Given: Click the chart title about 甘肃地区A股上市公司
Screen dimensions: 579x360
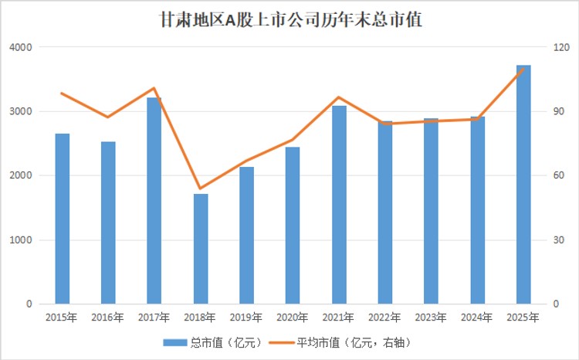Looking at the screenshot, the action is pyautogui.click(x=290, y=20).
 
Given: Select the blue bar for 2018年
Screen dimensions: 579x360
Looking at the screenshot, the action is pyautogui.click(x=201, y=249).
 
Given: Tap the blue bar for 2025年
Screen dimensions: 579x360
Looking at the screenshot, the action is pyautogui.click(x=523, y=185).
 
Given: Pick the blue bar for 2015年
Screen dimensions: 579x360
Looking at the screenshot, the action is pyautogui.click(x=63, y=219).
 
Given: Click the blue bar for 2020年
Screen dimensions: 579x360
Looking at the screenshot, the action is pyautogui.click(x=293, y=226).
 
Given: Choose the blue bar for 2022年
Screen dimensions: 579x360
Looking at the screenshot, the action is pyautogui.click(x=385, y=212).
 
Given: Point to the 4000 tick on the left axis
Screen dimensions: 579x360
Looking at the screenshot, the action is pyautogui.click(x=21, y=47).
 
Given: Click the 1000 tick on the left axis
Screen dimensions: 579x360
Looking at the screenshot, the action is pyautogui.click(x=21, y=240).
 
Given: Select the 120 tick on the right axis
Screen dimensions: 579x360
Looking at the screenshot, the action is pyautogui.click(x=561, y=47).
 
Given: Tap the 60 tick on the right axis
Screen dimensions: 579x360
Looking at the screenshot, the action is pyautogui.click(x=559, y=175).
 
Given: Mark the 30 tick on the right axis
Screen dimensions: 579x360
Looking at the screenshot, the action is pyautogui.click(x=559, y=240).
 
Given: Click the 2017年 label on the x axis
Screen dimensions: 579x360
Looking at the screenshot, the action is pyautogui.click(x=154, y=318).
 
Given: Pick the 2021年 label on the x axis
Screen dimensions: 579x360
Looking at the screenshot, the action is pyautogui.click(x=338, y=318).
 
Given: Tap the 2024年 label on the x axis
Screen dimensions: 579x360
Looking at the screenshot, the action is pyautogui.click(x=477, y=318).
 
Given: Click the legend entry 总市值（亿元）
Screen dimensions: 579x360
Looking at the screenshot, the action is pyautogui.click(x=212, y=343).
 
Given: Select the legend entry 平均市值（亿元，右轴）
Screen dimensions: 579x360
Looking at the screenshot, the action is pyautogui.click(x=340, y=343).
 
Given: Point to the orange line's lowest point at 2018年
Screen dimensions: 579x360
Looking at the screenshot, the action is pyautogui.click(x=200, y=188).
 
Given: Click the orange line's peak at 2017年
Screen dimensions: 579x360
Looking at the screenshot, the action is pyautogui.click(x=154, y=88).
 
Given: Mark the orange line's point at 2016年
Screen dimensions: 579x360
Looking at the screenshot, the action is pyautogui.click(x=108, y=117).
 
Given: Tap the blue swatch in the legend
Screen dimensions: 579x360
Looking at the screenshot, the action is pyautogui.click(x=175, y=343).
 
